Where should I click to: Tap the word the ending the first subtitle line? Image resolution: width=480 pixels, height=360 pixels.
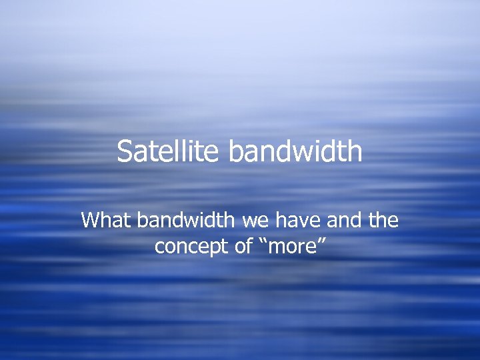click(x=383, y=220)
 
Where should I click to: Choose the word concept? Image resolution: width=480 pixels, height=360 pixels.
click(x=185, y=247)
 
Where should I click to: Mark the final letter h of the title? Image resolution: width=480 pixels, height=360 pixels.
click(x=355, y=151)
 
